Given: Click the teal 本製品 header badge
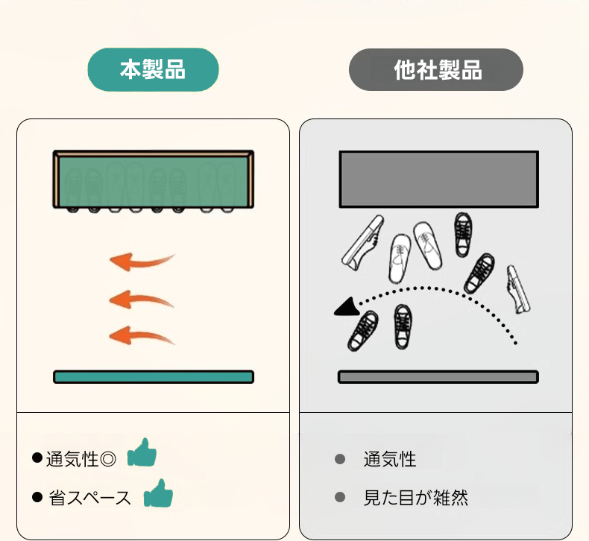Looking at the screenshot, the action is (153, 69).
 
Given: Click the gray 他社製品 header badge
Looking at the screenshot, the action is (435, 69).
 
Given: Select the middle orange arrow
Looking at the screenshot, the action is (141, 299).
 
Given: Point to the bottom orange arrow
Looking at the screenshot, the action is (141, 335).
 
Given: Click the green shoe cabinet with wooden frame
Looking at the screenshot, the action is (154, 180).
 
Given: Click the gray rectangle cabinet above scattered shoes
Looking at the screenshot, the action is (438, 179).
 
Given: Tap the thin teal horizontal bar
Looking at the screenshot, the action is (154, 376).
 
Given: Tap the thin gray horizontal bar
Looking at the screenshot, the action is (438, 376).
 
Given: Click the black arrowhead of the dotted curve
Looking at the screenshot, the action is (347, 307).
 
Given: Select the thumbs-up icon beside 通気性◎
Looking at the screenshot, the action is (142, 452).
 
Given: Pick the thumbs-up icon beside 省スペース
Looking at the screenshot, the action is (158, 493).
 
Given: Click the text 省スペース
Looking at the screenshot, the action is (89, 498).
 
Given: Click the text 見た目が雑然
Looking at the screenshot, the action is (416, 498).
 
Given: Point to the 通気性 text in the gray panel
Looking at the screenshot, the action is (390, 459).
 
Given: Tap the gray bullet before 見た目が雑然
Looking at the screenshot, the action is (340, 497).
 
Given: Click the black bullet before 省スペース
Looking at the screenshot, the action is (37, 497).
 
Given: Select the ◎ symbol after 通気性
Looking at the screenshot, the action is (108, 459).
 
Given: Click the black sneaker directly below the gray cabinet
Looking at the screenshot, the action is (463, 235).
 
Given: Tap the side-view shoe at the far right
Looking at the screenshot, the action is (518, 289).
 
